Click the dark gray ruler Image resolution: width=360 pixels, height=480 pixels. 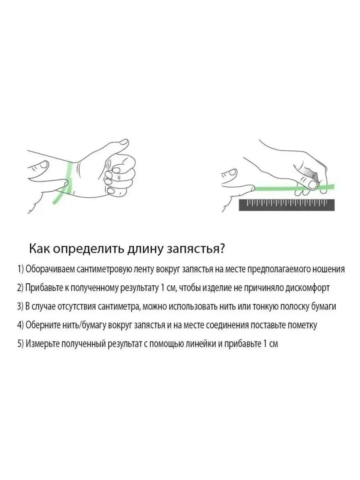coord(286,205)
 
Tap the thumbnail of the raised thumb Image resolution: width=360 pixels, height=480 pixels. coord(124,142)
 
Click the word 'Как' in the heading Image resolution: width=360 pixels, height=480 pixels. coord(40,249)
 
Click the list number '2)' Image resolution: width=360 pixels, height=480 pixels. coord(20,288)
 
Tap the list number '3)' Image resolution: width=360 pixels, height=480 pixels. coord(20,306)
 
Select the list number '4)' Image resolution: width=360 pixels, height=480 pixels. coord(20,325)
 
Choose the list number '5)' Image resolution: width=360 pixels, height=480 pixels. coord(20,344)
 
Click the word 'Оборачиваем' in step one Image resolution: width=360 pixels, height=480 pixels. coord(50,269)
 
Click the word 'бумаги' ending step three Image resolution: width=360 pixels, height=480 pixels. coord(323,307)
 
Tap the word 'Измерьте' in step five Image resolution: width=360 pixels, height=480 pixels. coord(42,344)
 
